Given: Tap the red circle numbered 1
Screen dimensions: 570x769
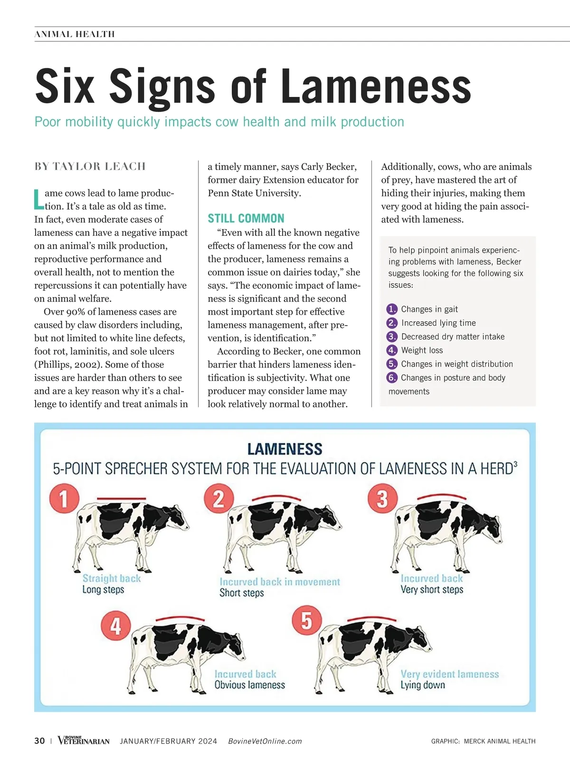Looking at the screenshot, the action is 64,499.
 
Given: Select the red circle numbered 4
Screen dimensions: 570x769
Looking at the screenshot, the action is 116,626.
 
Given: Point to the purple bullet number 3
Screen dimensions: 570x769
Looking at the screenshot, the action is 391,336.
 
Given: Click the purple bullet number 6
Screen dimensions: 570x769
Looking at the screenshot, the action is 391,377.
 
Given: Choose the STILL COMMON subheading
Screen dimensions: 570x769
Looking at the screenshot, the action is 246,219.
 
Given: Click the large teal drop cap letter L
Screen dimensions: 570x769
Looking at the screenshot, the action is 39,199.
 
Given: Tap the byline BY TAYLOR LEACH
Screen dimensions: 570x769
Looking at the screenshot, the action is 90,166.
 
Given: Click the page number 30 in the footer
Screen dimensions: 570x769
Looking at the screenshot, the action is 39,740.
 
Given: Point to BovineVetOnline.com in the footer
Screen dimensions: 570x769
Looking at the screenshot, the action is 265,741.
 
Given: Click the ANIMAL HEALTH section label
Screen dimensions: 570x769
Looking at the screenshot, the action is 75,34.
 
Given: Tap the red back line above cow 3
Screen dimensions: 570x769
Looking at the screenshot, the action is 441,496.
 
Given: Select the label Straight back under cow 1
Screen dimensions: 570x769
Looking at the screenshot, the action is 112,578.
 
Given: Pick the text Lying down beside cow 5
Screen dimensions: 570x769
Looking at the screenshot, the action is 423,685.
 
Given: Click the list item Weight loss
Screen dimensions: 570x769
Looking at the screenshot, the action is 422,350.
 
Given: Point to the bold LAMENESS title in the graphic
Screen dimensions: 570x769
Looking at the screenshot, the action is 285,449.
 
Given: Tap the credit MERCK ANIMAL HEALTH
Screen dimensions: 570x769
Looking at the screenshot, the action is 500,741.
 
